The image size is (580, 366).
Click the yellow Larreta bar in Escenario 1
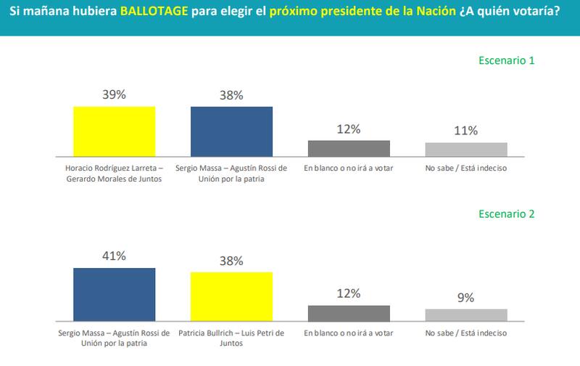[x=115, y=131]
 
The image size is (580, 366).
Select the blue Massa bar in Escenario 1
[x=231, y=131]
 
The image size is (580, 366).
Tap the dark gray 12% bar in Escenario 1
[x=349, y=148]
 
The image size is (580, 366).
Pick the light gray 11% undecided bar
[x=466, y=149]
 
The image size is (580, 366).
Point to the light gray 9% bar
[x=466, y=314]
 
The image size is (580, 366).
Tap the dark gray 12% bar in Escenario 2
[x=349, y=312]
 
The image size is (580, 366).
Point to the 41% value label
[x=115, y=256]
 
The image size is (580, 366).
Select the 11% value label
[x=466, y=131]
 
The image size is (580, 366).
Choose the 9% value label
[x=466, y=297]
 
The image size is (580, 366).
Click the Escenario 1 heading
[x=507, y=61]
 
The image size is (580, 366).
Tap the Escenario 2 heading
[x=507, y=214]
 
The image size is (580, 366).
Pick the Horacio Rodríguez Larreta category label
[x=115, y=174]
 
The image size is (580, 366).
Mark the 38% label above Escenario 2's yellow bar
[x=231, y=259]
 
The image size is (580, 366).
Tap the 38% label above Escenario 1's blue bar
[x=231, y=94]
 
